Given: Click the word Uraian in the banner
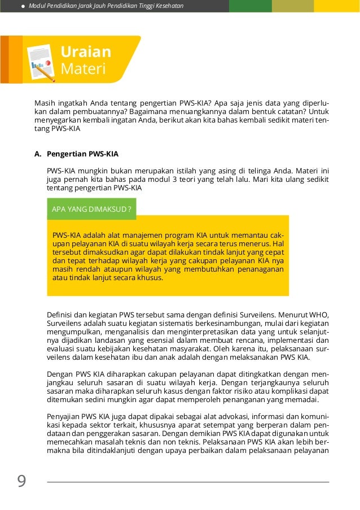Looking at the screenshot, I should coord(86,52).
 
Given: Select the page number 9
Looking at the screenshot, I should coord(21,481).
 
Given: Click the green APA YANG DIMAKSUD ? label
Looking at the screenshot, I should coord(91,209).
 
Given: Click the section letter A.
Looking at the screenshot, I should coord(38,154).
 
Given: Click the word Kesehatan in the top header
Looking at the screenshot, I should coord(168,6).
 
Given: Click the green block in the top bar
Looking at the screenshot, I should coord(250,6).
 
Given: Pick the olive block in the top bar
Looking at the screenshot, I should coord(292,6).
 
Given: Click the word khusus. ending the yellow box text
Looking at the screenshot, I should coord(150,277).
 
